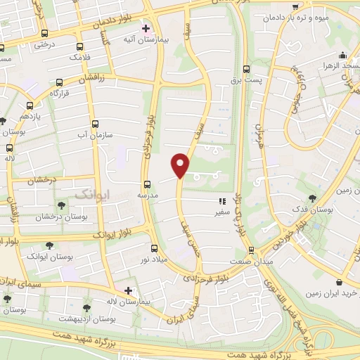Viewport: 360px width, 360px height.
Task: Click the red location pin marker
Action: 181,164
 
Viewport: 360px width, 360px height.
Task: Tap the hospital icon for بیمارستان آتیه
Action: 146,29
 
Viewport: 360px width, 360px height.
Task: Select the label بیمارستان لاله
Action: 151,301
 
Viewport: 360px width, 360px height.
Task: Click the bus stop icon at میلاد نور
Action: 154,247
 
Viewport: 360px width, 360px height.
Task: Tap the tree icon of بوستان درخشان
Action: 62,206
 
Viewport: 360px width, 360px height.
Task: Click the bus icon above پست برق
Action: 245,69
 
